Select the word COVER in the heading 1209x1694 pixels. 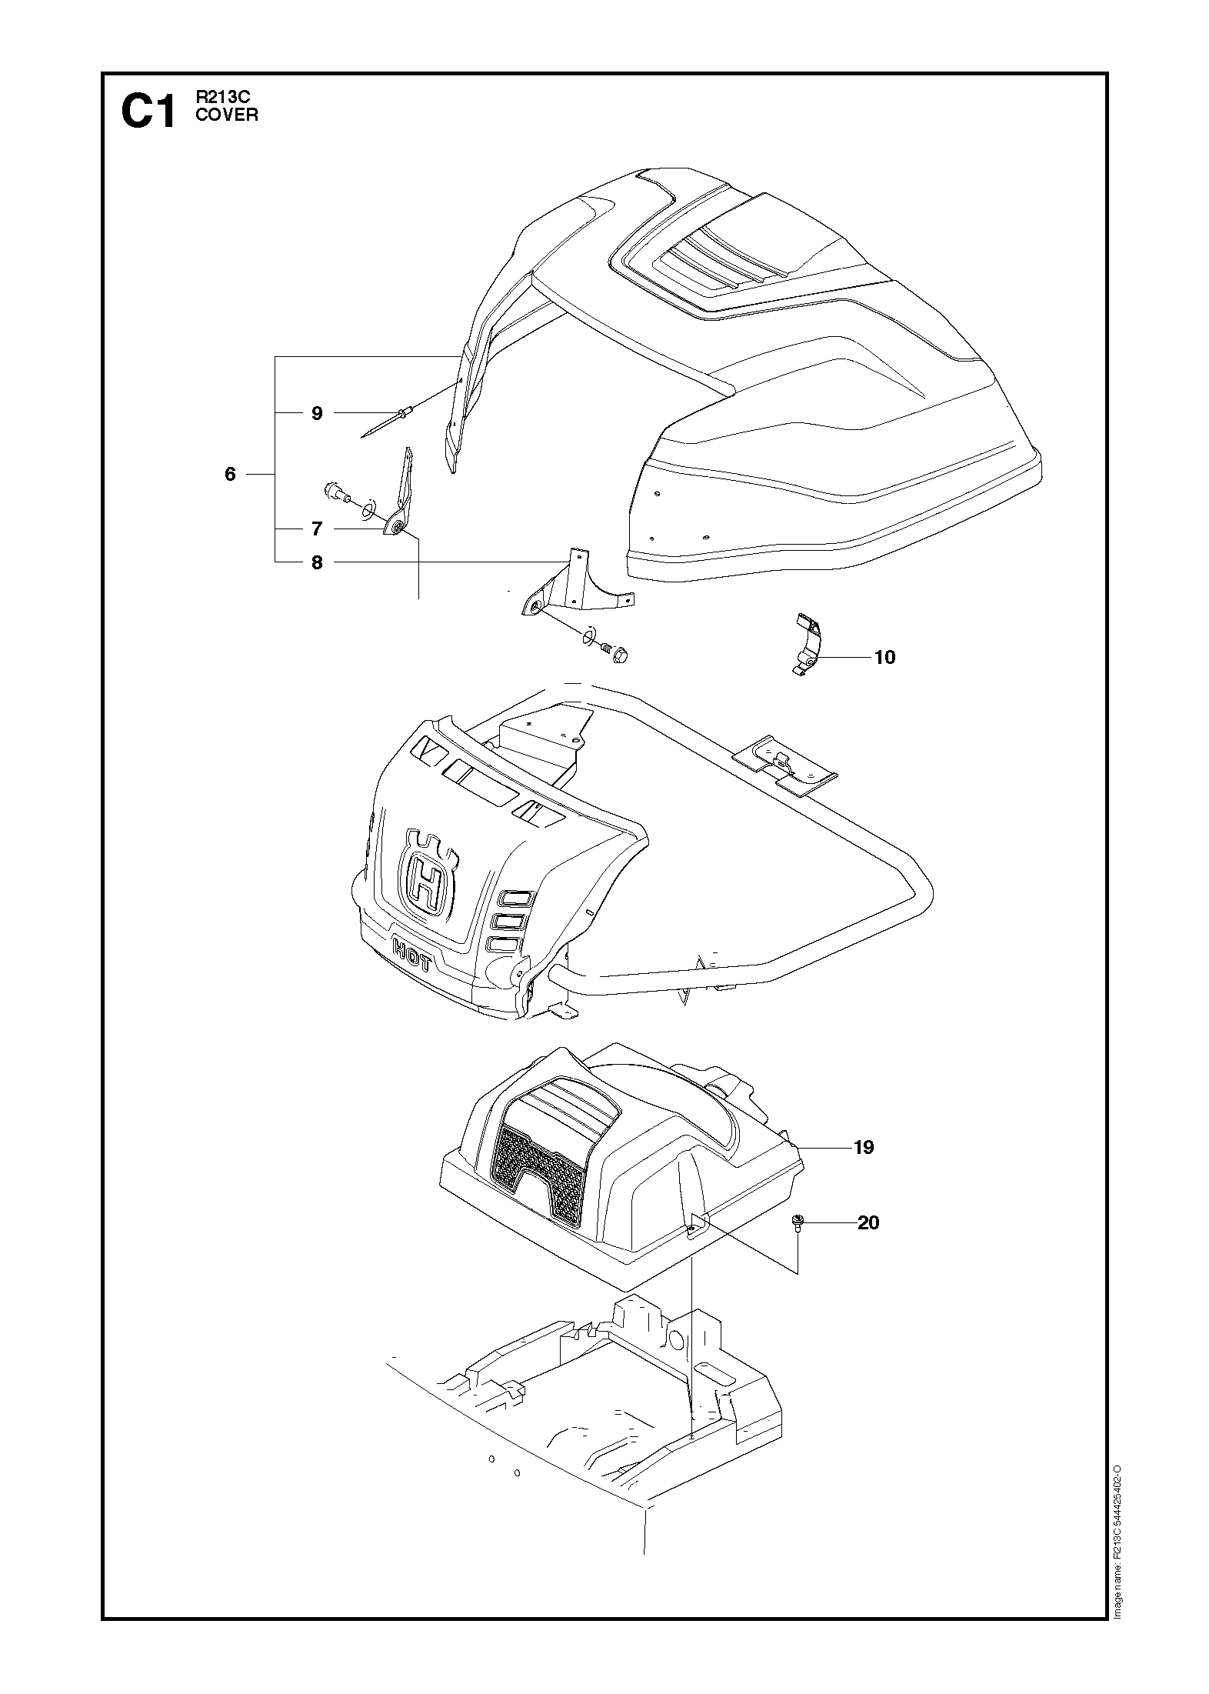tap(226, 115)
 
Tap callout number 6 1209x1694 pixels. tap(230, 474)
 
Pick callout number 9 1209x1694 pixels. tap(317, 413)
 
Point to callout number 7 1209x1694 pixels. tap(317, 529)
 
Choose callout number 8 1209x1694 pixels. tap(317, 562)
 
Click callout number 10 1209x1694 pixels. tap(884, 657)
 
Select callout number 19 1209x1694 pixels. tap(864, 1169)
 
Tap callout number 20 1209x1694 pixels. tap(868, 1222)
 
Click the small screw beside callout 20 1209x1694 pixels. tap(797, 1223)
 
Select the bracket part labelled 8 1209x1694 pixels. tap(573, 589)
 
